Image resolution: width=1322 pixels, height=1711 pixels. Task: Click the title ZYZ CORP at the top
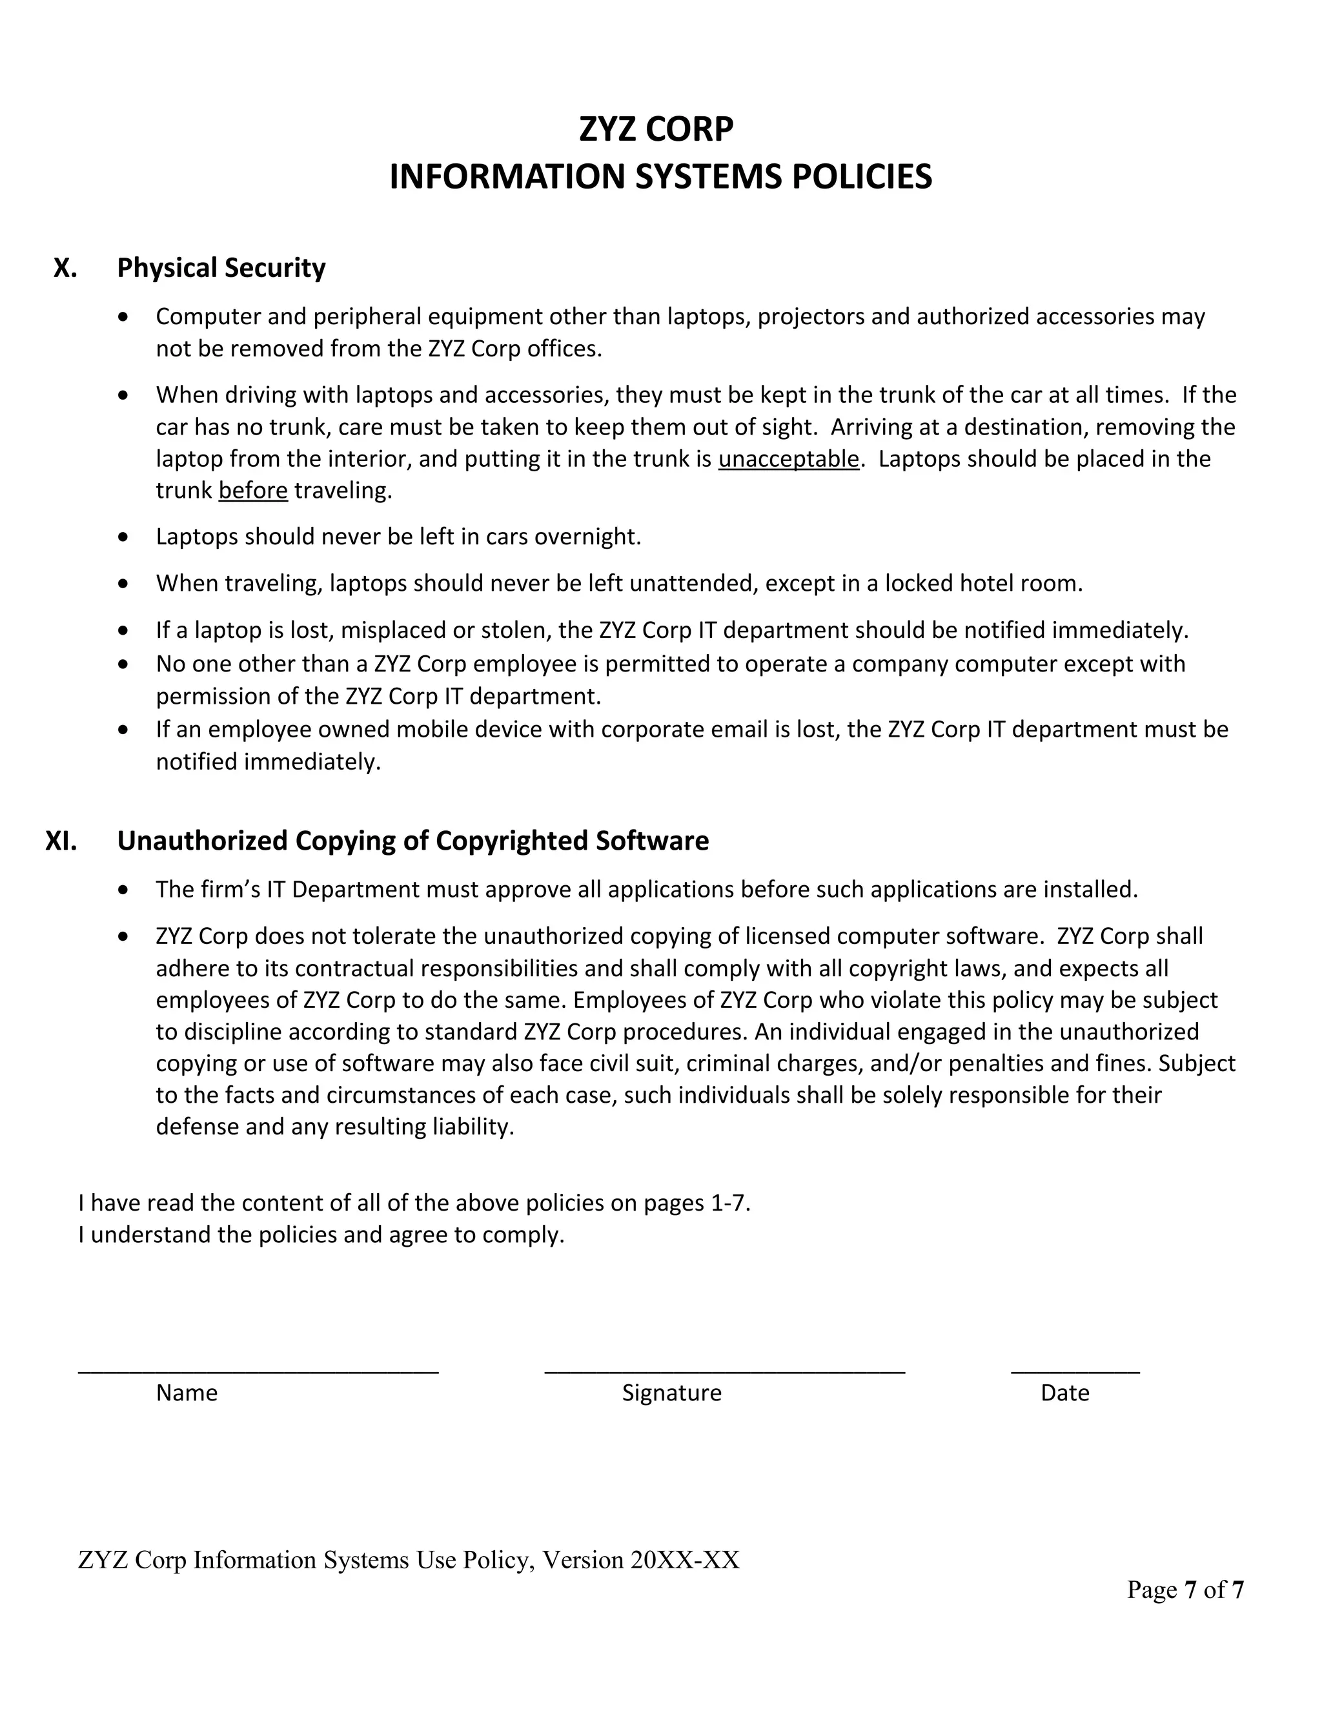pos(656,129)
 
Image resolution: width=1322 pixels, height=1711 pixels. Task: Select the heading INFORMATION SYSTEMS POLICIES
pos(660,177)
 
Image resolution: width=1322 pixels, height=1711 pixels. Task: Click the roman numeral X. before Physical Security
pos(65,268)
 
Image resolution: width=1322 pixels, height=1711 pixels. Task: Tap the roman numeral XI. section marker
pos(61,841)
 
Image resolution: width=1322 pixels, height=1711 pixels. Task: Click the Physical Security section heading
pos(221,268)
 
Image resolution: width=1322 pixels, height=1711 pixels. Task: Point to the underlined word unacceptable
pos(788,459)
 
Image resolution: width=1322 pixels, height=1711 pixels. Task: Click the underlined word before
pos(253,491)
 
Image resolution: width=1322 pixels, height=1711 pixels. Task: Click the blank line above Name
pos(258,1371)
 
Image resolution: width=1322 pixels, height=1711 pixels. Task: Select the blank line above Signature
pos(724,1371)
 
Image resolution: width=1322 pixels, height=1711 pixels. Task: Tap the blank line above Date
pos(1075,1371)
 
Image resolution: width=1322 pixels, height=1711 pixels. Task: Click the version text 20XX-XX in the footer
pos(684,1561)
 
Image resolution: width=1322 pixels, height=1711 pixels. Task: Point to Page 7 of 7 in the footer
pos(1185,1590)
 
